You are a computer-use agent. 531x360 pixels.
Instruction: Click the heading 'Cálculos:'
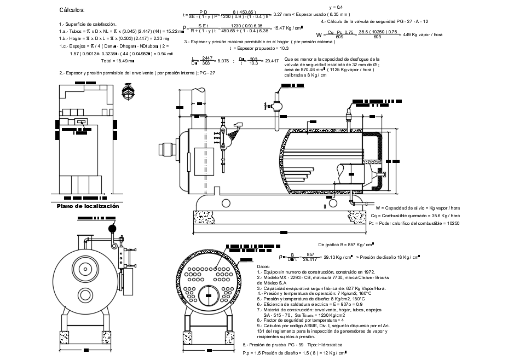(x=72, y=10)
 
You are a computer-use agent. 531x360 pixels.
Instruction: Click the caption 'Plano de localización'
(x=88, y=206)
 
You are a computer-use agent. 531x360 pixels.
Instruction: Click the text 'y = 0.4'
(x=336, y=7)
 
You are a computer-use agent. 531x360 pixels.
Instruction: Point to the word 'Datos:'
(x=263, y=266)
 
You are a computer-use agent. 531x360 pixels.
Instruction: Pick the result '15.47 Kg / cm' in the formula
(x=288, y=28)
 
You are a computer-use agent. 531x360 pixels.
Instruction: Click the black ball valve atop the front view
(x=113, y=228)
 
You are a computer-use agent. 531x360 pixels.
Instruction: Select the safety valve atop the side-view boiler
(x=277, y=101)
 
